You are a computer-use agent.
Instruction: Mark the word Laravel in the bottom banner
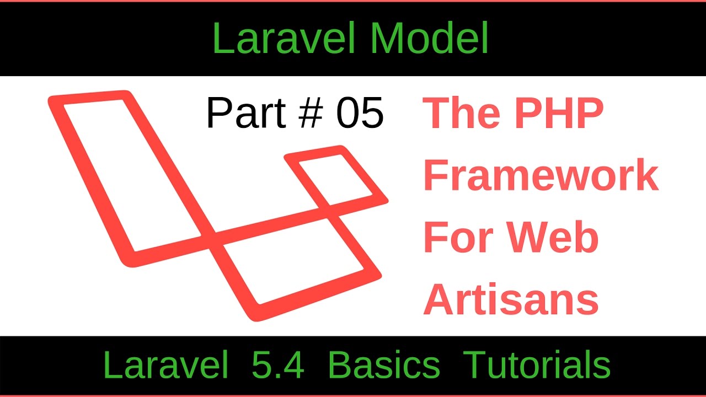tap(165, 365)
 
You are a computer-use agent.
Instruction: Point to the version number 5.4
tap(277, 365)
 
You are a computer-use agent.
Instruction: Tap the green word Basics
tap(384, 365)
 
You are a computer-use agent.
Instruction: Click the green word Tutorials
tap(537, 365)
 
